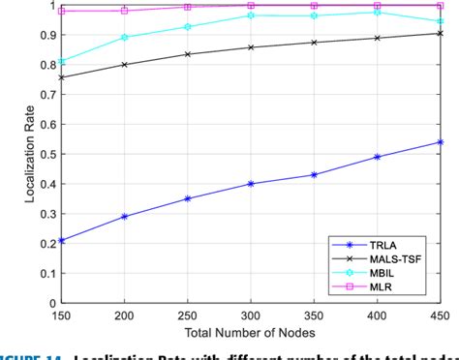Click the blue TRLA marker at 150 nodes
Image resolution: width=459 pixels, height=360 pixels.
pos(62,240)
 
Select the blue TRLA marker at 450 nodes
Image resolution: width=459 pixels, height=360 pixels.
pos(441,142)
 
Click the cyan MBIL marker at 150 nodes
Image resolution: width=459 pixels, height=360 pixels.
pos(62,61)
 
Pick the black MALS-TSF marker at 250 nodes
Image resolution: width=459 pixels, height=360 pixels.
pos(188,54)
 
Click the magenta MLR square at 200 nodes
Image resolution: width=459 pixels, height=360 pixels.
pos(125,11)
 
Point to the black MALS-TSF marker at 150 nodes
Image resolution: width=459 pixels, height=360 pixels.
pos(62,77)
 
